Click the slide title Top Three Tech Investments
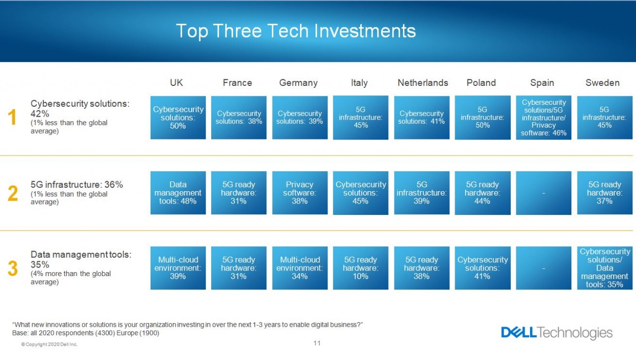pyautogui.click(x=296, y=31)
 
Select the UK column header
pyautogui.click(x=176, y=82)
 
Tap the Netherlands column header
pyautogui.click(x=422, y=82)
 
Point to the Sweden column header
pyautogui.click(x=603, y=82)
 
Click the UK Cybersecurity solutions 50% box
pyautogui.click(x=178, y=118)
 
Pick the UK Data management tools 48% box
pyautogui.click(x=178, y=193)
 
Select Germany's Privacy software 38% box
pyautogui.click(x=300, y=193)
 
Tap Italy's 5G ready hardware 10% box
pyautogui.click(x=361, y=268)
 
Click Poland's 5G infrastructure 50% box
pyautogui.click(x=482, y=118)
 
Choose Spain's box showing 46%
pyautogui.click(x=544, y=118)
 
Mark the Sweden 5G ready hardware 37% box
pyautogui.click(x=605, y=193)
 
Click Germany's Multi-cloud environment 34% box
pyautogui.click(x=300, y=268)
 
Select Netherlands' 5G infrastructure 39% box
pyautogui.click(x=422, y=193)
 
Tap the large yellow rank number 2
pyautogui.click(x=13, y=193)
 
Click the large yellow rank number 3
pyautogui.click(x=13, y=268)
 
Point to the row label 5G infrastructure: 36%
pyautogui.click(x=77, y=185)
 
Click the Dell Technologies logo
pyautogui.click(x=557, y=333)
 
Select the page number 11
pyautogui.click(x=317, y=343)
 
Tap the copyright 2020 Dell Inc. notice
pyautogui.click(x=49, y=345)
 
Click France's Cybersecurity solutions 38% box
pyautogui.click(x=239, y=118)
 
